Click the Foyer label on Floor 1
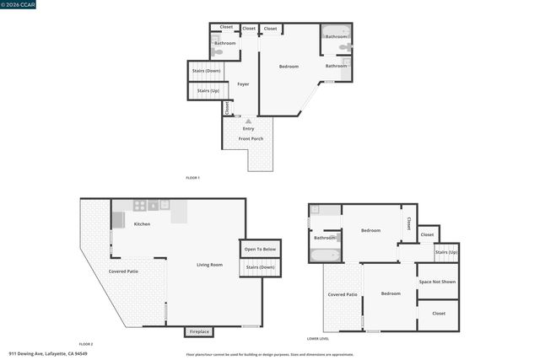(243, 84)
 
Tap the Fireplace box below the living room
(199, 331)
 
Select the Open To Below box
(261, 250)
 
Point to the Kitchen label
(142, 224)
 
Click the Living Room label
(209, 266)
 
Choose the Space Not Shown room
(437, 282)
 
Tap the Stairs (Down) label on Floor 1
(207, 71)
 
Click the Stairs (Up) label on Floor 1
(208, 90)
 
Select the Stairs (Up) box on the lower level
(446, 252)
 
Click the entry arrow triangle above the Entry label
(248, 122)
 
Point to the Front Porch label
(251, 138)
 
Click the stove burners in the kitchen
(140, 205)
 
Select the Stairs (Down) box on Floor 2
(261, 267)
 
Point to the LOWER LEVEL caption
(318, 338)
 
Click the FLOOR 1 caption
(192, 178)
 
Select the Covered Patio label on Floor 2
(124, 271)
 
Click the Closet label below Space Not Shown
(439, 314)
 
